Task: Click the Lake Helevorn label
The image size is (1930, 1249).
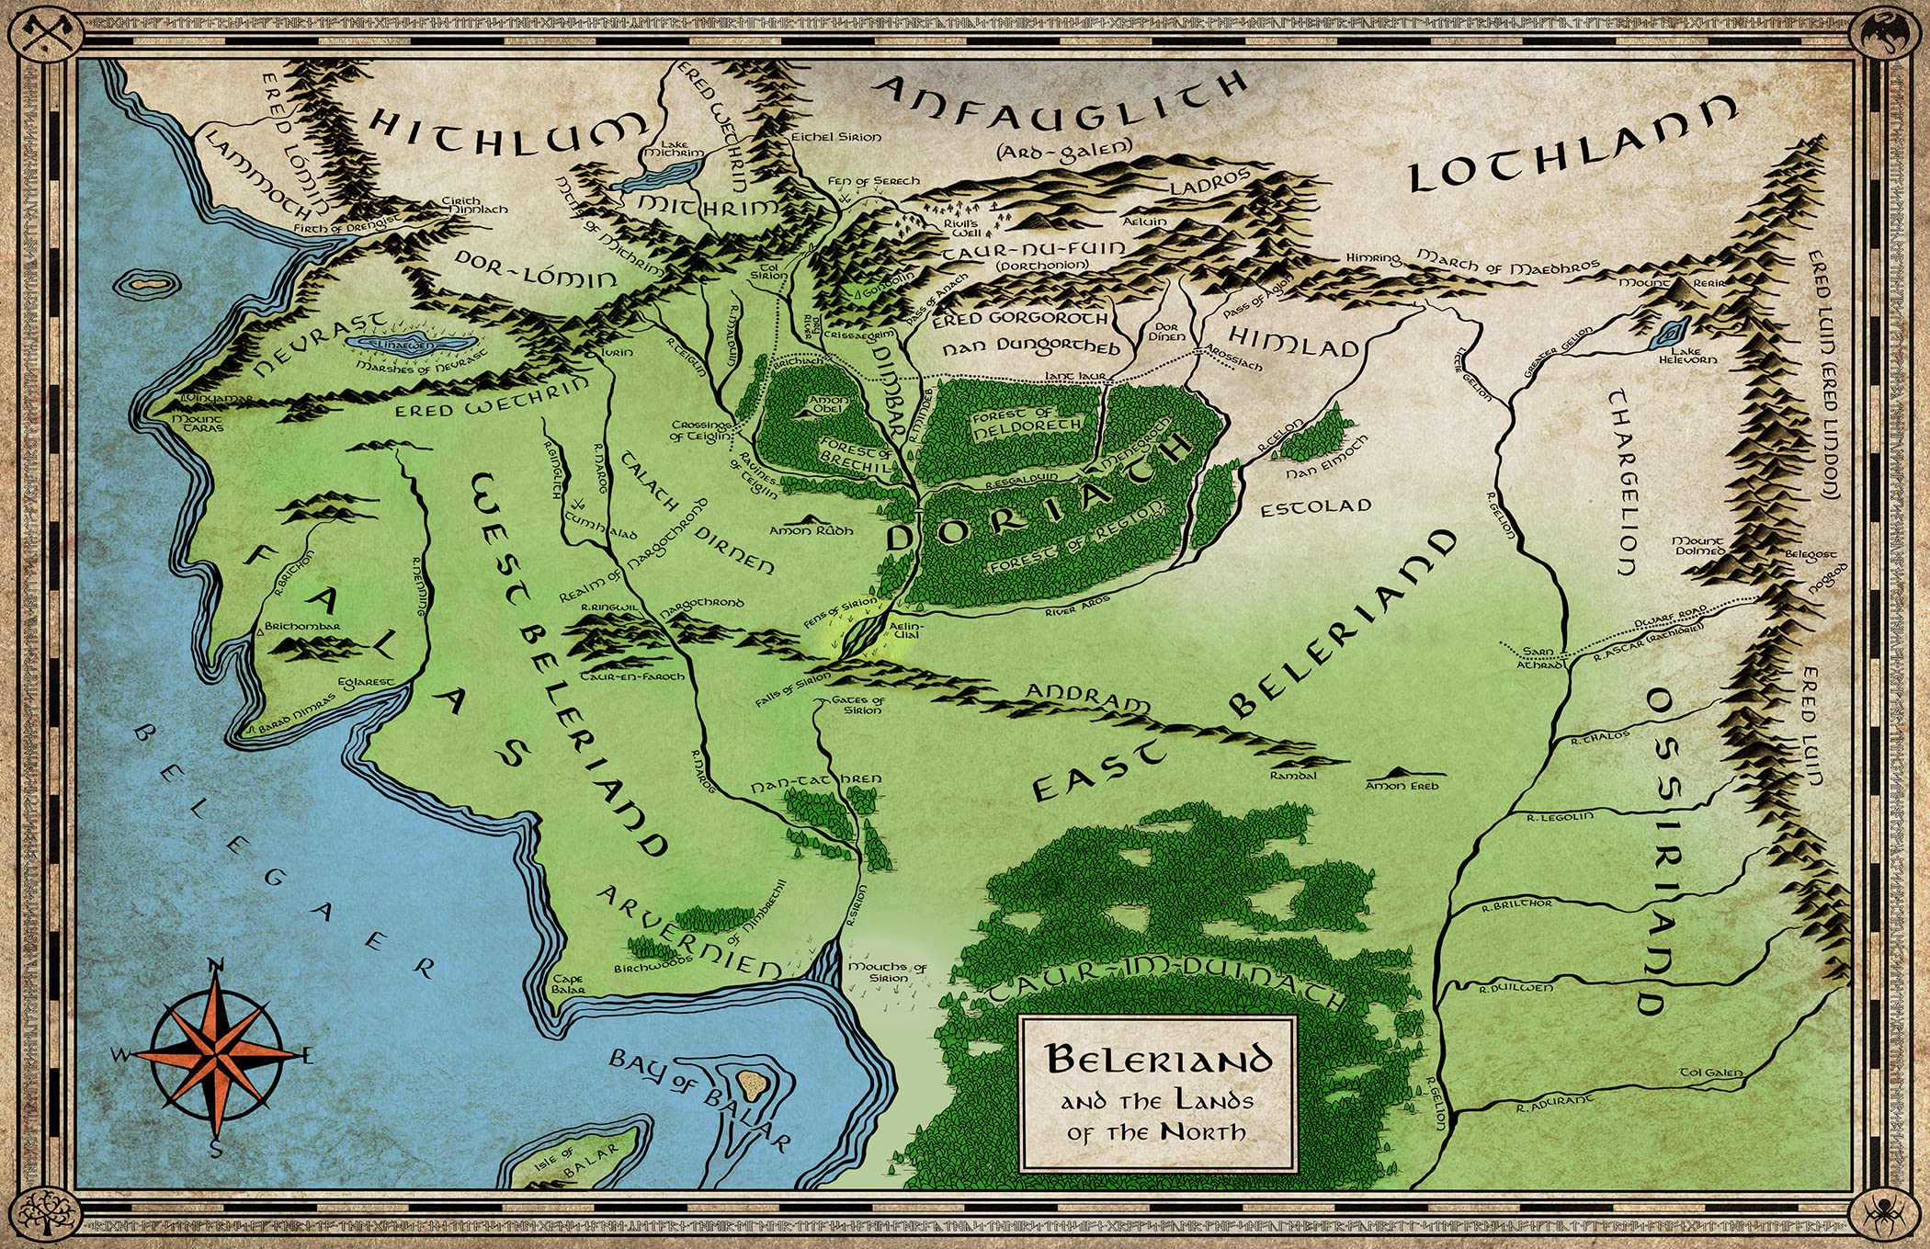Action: pyautogui.click(x=1687, y=355)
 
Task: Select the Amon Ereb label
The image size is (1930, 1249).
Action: pyautogui.click(x=1402, y=786)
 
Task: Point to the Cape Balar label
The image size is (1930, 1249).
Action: pyautogui.click(x=568, y=984)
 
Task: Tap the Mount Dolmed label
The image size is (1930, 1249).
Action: pyautogui.click(x=1698, y=546)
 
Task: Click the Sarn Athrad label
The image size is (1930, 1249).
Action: pyautogui.click(x=1538, y=657)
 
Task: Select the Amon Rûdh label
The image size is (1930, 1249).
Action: pyautogui.click(x=811, y=530)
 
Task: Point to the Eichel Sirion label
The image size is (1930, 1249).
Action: pyautogui.click(x=836, y=137)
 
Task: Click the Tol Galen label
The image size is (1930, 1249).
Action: pyautogui.click(x=1710, y=1072)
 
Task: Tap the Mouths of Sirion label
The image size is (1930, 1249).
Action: pyautogui.click(x=887, y=972)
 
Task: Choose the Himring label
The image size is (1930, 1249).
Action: pyautogui.click(x=1372, y=259)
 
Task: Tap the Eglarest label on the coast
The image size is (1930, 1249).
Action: pyautogui.click(x=366, y=683)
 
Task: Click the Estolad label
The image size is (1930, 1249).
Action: pyautogui.click(x=1315, y=507)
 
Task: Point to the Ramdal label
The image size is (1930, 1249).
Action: pyautogui.click(x=1293, y=776)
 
